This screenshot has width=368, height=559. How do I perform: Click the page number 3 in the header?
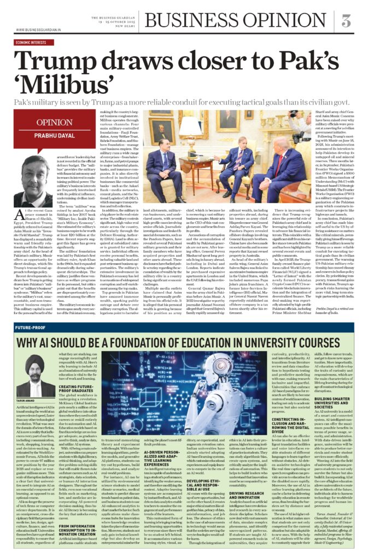346,21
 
